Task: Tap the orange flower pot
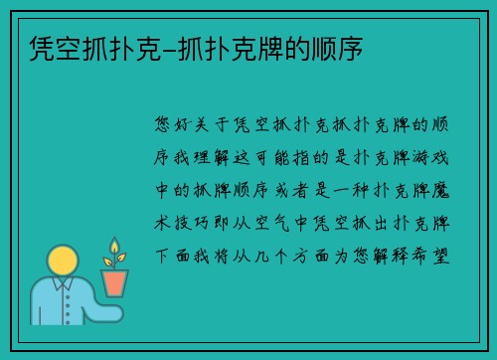[x=115, y=281]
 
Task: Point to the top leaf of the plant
[x=115, y=244]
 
